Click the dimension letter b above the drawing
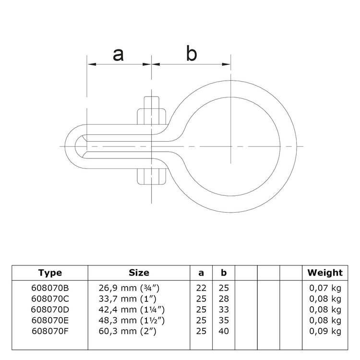click(192, 54)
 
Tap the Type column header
click(50, 273)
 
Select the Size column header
click(139, 273)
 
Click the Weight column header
click(325, 273)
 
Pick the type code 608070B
click(50, 288)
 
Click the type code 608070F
click(50, 331)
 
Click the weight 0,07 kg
click(325, 288)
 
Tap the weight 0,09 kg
click(325, 331)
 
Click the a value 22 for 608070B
click(201, 288)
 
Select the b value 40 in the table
click(223, 331)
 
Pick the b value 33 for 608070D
click(223, 310)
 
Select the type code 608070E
click(50, 320)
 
